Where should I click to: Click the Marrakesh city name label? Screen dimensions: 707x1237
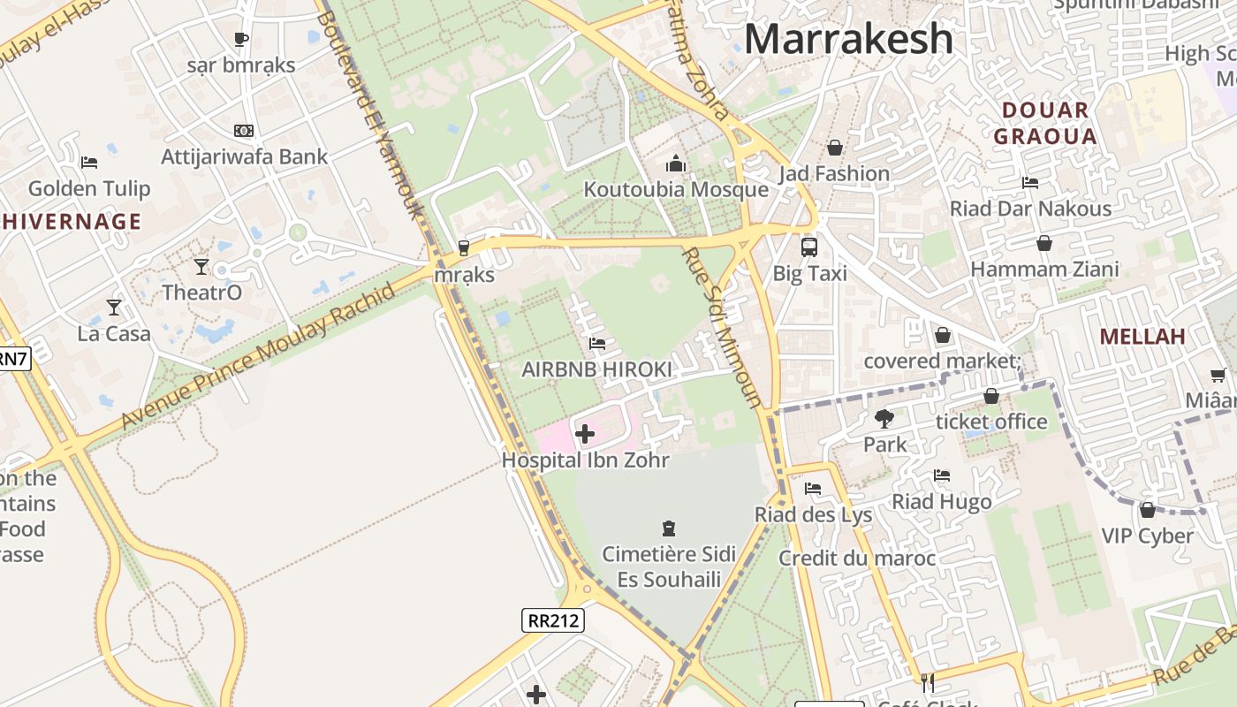(848, 39)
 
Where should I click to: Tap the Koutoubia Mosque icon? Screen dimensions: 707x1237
(676, 163)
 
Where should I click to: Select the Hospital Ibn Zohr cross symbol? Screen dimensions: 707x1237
(585, 433)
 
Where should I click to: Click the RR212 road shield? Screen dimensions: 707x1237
(553, 620)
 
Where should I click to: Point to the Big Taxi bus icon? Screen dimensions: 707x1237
(809, 247)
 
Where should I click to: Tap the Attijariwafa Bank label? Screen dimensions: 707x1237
(244, 156)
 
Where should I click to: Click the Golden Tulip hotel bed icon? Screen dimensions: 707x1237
(89, 163)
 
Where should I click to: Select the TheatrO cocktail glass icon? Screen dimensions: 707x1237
(201, 266)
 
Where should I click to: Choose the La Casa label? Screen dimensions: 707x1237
(114, 334)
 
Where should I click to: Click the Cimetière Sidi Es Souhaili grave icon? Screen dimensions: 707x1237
(669, 528)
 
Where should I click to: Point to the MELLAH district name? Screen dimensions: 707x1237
(1142, 337)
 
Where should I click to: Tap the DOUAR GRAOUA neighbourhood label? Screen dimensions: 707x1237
(1045, 124)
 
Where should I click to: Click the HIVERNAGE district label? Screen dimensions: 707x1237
(71, 221)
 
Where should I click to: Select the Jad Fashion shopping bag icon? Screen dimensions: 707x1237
(834, 148)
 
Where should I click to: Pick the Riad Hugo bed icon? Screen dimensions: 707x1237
(942, 475)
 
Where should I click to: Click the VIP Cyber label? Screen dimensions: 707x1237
(1147, 536)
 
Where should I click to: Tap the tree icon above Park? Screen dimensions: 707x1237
(884, 418)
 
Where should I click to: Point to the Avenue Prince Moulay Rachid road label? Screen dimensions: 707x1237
(257, 358)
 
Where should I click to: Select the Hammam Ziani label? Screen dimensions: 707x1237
(1045, 270)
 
